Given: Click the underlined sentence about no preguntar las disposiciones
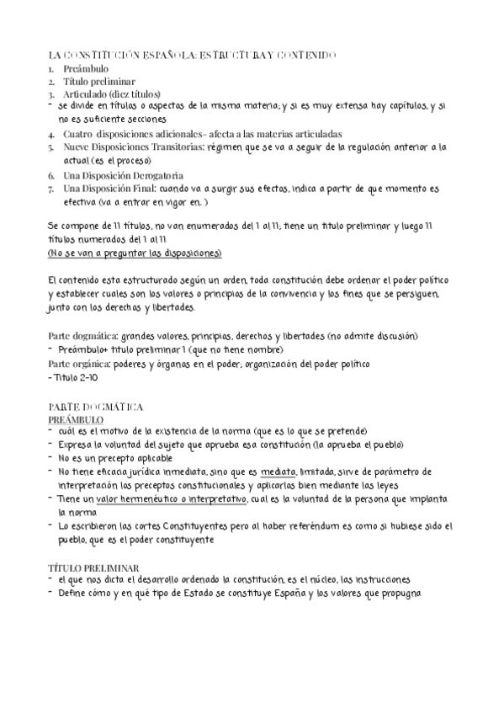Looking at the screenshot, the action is click(x=135, y=253).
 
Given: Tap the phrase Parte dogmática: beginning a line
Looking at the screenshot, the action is click(x=82, y=337).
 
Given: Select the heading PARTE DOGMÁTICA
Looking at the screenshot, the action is click(x=95, y=406).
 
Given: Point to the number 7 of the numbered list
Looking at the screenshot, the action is click(x=51, y=189).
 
